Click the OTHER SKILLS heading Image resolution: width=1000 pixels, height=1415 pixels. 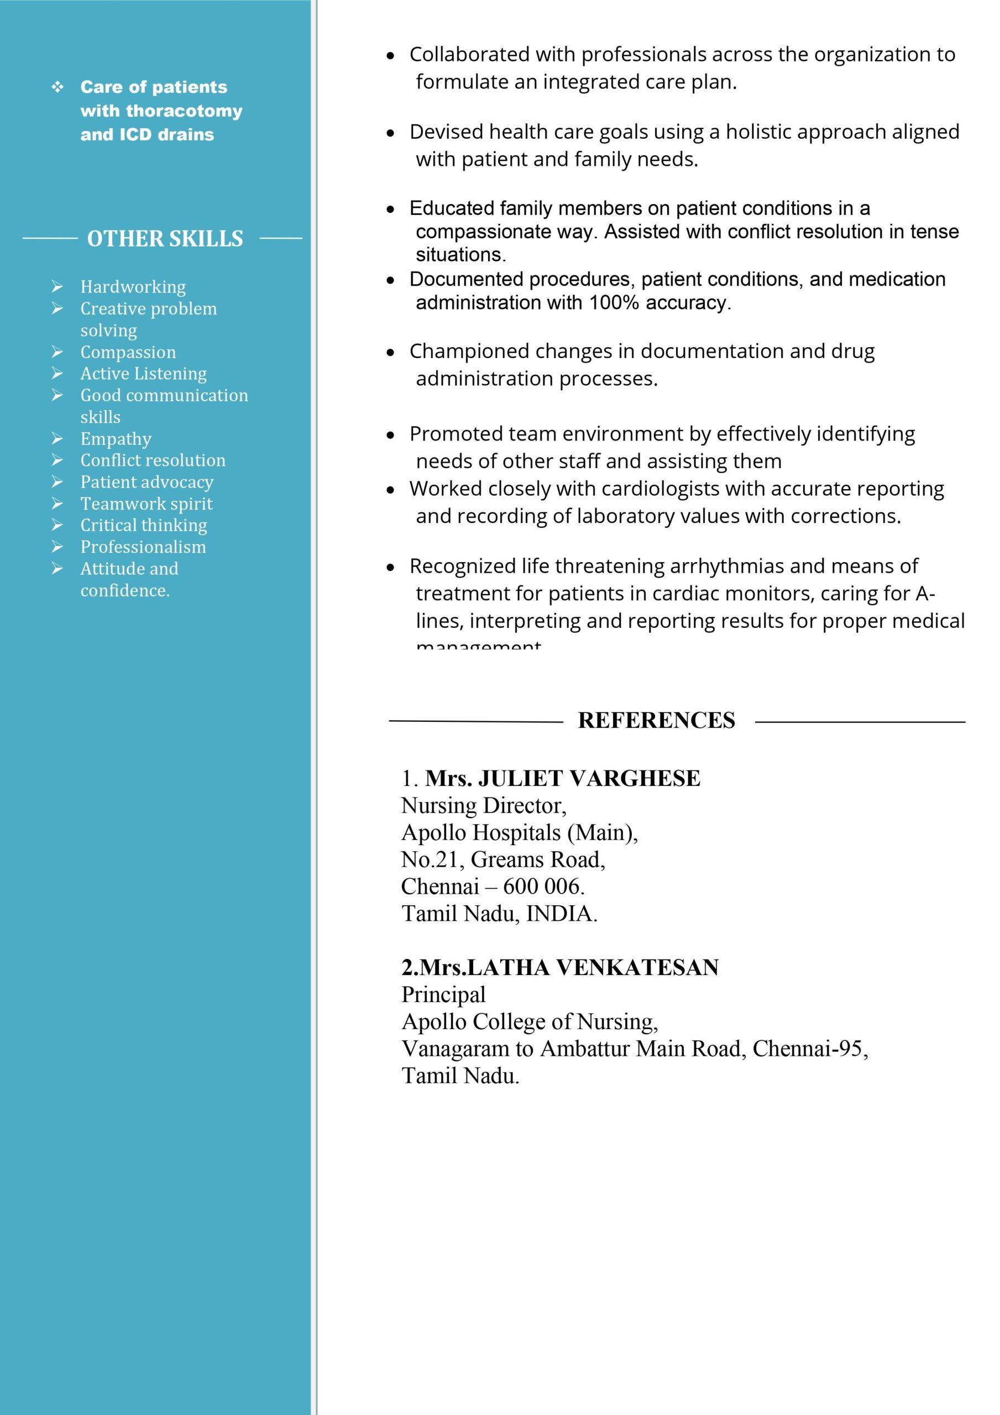pyautogui.click(x=165, y=238)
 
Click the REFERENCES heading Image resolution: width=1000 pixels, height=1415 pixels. pyautogui.click(x=656, y=720)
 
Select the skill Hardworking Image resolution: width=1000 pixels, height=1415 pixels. pyautogui.click(x=133, y=286)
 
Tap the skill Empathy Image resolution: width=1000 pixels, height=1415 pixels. pyautogui.click(x=116, y=438)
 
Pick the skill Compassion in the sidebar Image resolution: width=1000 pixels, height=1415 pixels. pyautogui.click(x=128, y=352)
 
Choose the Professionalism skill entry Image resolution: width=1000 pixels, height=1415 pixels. pyautogui.click(x=143, y=547)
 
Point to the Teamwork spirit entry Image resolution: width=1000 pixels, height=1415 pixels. pyautogui.click(x=146, y=504)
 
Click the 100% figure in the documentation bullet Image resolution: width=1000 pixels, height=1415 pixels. pyautogui.click(x=614, y=302)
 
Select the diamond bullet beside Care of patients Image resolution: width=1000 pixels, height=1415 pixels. pyautogui.click(x=57, y=87)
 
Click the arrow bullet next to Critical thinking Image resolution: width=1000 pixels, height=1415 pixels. pyautogui.click(x=57, y=525)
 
